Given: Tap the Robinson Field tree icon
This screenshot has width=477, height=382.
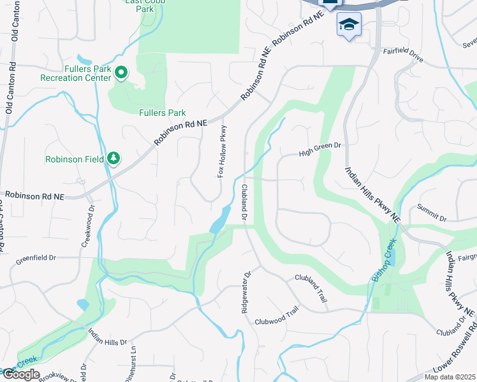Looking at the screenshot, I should point(114,158).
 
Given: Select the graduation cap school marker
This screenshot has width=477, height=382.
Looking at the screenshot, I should point(348,25).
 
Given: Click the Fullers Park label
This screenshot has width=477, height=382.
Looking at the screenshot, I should point(163,113).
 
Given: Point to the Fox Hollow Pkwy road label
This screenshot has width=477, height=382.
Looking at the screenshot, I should point(223,151).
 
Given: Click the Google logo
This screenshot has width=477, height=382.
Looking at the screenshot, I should point(21,374).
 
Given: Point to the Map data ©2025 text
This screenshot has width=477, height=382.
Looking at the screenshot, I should point(450,377).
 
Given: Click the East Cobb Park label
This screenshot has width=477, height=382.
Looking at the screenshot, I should point(144,5).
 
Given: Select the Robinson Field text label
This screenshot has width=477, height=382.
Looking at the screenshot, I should point(75,159).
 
